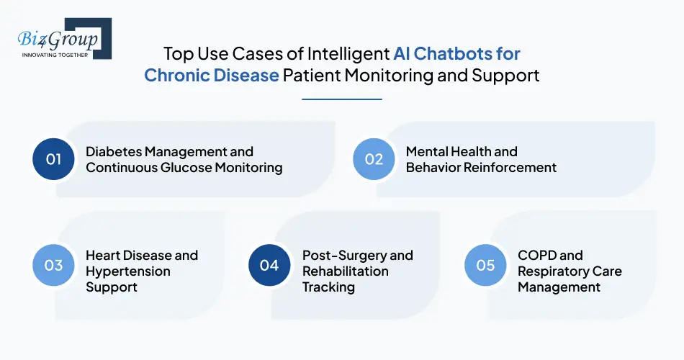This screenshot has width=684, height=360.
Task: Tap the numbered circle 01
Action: point(54,160)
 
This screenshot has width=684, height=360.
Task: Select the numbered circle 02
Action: point(374,160)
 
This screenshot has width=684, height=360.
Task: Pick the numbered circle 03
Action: point(54,265)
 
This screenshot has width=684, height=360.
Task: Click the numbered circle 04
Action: point(269,265)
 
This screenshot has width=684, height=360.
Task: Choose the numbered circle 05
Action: point(486,265)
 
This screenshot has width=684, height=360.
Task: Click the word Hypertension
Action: point(128,271)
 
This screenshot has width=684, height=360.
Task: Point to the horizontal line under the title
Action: point(342,99)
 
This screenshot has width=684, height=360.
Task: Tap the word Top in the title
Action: point(178,54)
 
